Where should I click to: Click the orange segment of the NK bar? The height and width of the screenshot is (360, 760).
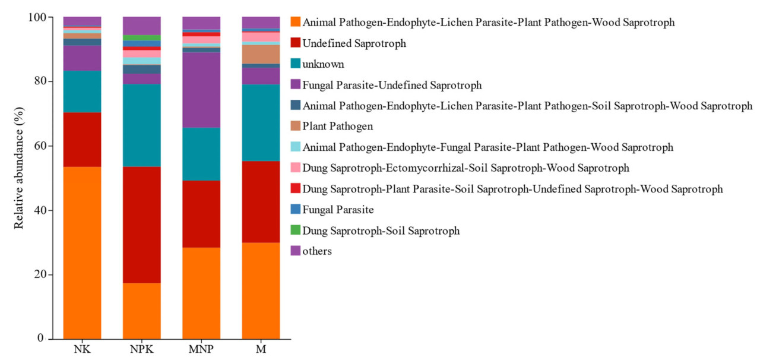click(x=82, y=252)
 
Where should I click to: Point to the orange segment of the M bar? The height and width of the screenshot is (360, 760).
click(x=261, y=290)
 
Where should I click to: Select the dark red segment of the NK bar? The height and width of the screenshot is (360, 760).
click(x=82, y=140)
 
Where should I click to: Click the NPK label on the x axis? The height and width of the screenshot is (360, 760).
click(x=141, y=349)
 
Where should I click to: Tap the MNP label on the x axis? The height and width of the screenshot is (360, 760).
click(x=201, y=349)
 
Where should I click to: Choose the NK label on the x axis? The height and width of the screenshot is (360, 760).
click(x=82, y=349)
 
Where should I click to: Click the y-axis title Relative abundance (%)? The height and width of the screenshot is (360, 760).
click(x=18, y=168)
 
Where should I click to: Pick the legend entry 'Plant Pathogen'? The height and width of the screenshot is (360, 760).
click(x=337, y=127)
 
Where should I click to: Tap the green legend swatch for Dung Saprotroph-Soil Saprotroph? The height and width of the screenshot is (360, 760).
click(x=294, y=230)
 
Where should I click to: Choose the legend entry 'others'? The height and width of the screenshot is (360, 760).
click(x=317, y=251)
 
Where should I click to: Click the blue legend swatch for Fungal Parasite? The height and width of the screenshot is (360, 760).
click(x=294, y=210)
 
